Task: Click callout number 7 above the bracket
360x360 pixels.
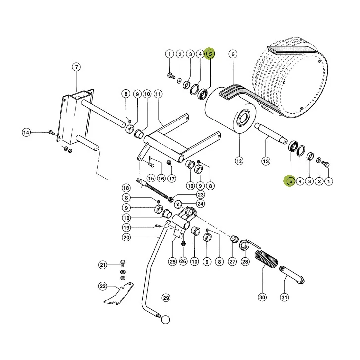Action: (x=76, y=67)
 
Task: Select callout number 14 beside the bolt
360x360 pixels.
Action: (x=26, y=133)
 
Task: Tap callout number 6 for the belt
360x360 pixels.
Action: (x=233, y=54)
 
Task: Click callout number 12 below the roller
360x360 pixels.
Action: (x=239, y=161)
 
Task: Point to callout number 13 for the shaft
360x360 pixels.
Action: (x=266, y=161)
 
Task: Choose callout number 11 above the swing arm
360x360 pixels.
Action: (x=158, y=94)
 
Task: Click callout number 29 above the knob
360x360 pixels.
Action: (x=166, y=298)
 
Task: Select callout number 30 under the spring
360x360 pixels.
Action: (x=262, y=298)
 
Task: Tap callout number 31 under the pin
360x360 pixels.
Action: (x=284, y=298)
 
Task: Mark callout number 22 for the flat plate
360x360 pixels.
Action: (x=103, y=286)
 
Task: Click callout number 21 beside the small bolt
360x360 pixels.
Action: (x=103, y=265)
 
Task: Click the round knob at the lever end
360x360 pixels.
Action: (x=165, y=320)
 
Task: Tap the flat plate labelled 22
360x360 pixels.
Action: (x=119, y=295)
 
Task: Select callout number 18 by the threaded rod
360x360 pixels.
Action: (x=126, y=188)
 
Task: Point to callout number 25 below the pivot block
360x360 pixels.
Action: (x=172, y=261)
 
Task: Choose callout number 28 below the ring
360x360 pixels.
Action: (x=245, y=261)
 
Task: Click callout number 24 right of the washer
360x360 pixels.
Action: (x=200, y=204)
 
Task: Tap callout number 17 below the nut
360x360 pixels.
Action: (x=171, y=179)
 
